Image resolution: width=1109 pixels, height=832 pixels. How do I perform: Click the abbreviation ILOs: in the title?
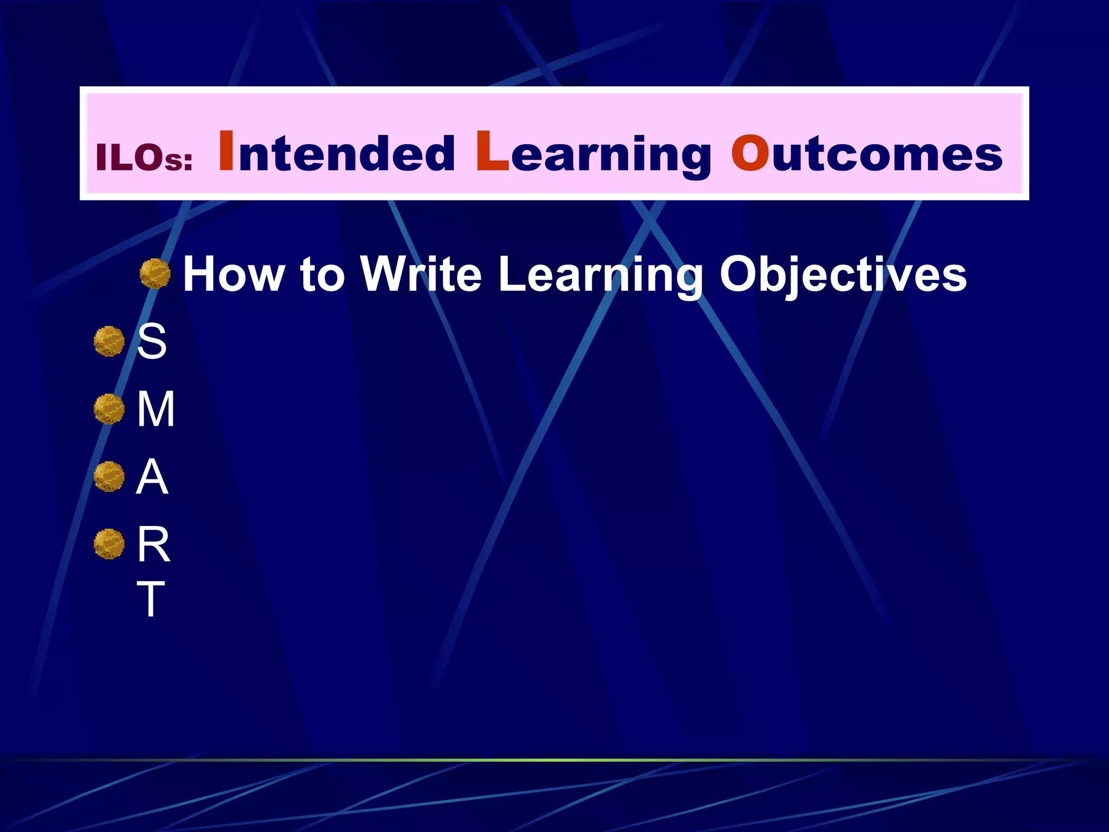coord(144,158)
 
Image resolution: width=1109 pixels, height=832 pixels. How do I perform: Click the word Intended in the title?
coord(336,153)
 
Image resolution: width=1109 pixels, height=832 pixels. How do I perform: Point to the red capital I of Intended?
coord(226,152)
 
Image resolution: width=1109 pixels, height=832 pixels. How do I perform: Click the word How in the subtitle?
coord(233,274)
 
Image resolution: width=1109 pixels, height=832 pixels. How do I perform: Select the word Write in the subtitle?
coord(421,274)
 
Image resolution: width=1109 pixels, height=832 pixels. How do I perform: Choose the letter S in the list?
coord(152,341)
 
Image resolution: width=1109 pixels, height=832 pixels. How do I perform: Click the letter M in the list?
coord(155,409)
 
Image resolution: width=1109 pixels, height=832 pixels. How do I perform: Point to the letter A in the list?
coord(152,477)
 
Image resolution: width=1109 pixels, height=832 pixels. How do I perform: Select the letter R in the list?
coord(153,544)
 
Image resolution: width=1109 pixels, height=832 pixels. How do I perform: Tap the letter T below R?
coord(151,599)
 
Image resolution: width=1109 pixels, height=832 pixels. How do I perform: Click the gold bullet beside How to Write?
coord(155,274)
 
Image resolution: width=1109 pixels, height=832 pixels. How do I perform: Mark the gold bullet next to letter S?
coord(109,341)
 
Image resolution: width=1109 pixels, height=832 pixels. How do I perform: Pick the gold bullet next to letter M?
coord(109,409)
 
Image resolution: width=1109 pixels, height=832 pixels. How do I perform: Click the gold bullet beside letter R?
coord(109,544)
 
